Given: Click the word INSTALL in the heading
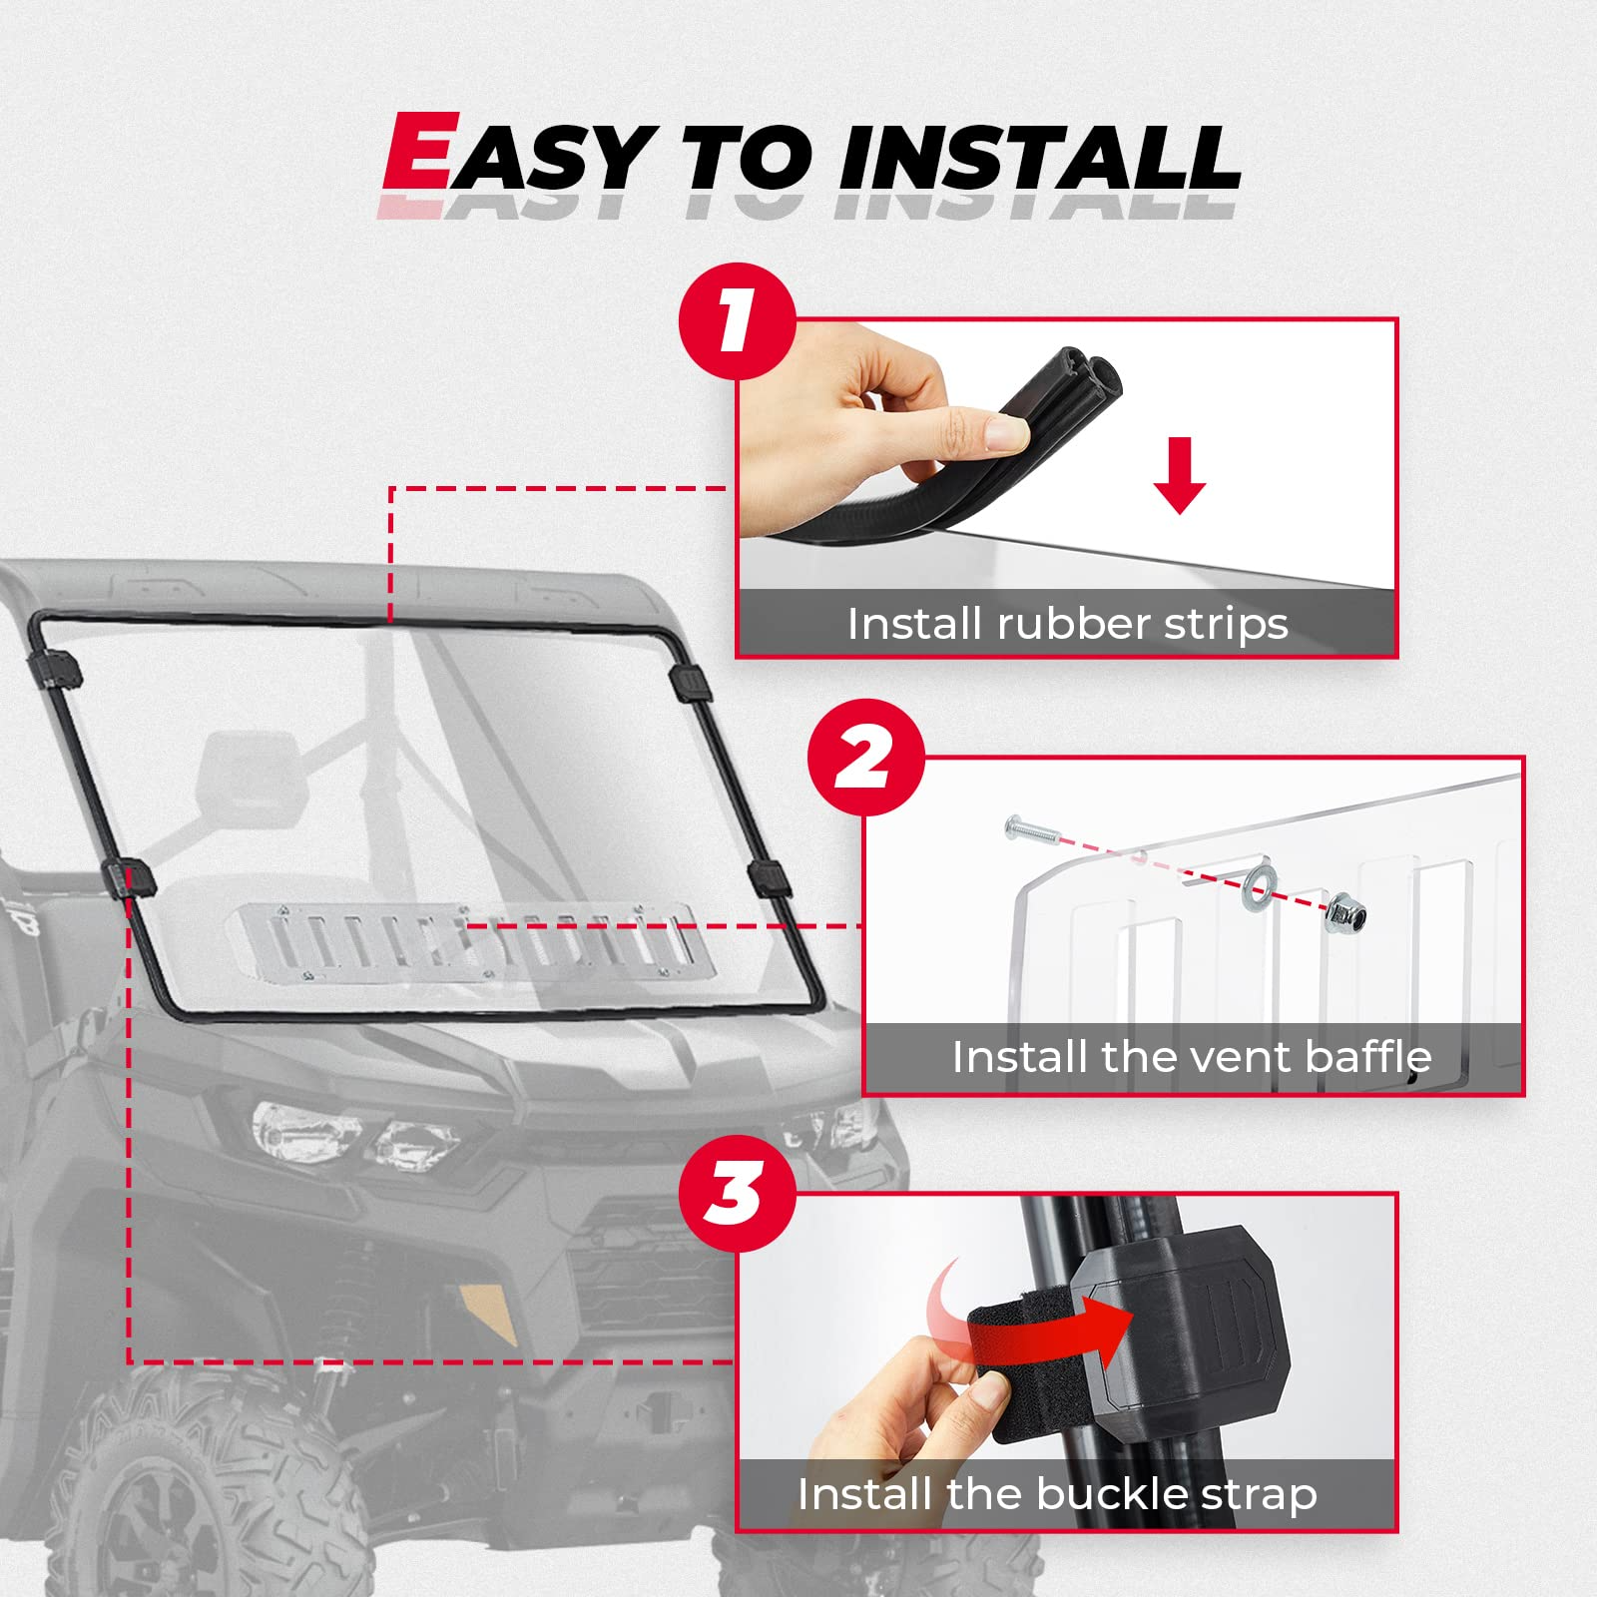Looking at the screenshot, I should pos(1038,160).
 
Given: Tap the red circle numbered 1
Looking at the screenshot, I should pos(737,321).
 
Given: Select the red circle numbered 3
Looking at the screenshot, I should pos(737,1195).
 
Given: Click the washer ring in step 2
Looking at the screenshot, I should pos(1259,884).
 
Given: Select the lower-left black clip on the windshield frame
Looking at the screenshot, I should pos(130,877).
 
